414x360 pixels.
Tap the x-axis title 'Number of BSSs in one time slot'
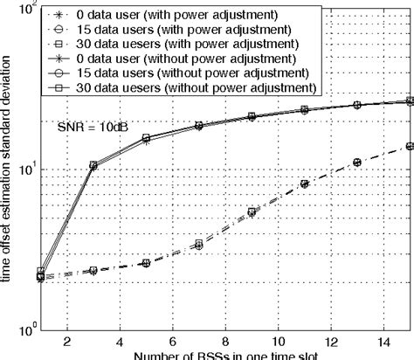(x=214, y=355)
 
